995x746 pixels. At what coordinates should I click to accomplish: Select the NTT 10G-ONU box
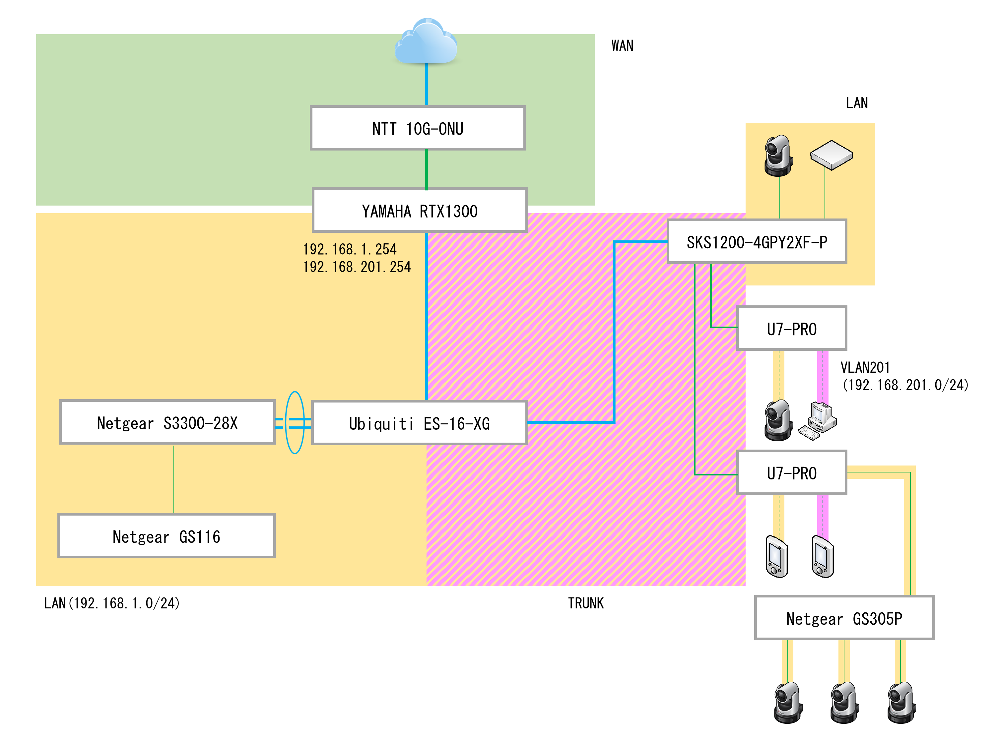(x=418, y=128)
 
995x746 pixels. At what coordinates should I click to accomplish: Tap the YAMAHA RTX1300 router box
(x=419, y=211)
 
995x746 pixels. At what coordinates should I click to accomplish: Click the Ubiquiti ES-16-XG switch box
(x=419, y=423)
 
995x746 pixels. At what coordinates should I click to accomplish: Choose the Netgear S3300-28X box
(x=167, y=422)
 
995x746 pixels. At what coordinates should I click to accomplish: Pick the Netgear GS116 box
(x=166, y=536)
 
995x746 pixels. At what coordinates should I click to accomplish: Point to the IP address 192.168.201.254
(x=357, y=267)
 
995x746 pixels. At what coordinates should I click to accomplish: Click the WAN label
(x=622, y=45)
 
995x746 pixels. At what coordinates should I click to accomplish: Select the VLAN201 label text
(x=865, y=367)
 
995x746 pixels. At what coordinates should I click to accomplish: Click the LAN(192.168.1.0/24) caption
(x=111, y=603)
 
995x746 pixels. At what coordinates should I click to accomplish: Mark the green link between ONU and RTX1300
(x=426, y=169)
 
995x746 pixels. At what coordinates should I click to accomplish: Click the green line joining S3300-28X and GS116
(x=174, y=479)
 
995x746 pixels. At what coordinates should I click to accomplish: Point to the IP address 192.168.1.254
(x=350, y=249)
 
